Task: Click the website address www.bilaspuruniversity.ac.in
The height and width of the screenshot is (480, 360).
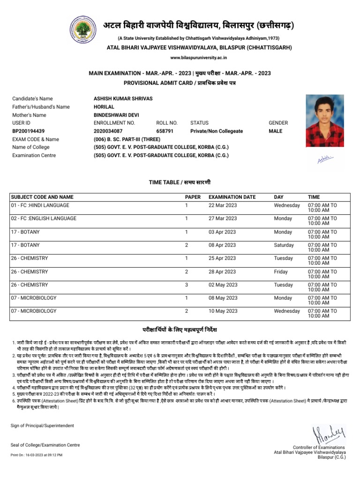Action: click(x=198, y=57)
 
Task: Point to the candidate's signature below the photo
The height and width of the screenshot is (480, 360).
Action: click(x=325, y=160)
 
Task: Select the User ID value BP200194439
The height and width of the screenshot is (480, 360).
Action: click(x=28, y=131)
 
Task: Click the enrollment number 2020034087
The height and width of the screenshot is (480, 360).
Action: click(x=108, y=131)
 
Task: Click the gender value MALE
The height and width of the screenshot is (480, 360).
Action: click(x=275, y=131)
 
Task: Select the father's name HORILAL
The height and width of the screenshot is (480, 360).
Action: click(x=104, y=107)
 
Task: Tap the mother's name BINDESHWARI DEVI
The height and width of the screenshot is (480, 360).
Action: click(x=117, y=115)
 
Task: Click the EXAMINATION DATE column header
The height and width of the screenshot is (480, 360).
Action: click(x=232, y=197)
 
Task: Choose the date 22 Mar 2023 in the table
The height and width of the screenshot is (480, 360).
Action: click(x=223, y=205)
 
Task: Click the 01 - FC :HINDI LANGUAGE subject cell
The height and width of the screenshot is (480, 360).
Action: click(x=40, y=205)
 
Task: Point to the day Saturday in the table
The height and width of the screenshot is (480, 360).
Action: click(x=284, y=245)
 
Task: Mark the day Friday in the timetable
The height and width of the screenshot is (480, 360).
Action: click(x=281, y=271)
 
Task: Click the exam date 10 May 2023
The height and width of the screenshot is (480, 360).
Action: click(x=223, y=311)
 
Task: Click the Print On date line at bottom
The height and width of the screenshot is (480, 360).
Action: click(x=36, y=455)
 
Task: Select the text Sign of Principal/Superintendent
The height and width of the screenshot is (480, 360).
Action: click(x=42, y=426)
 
